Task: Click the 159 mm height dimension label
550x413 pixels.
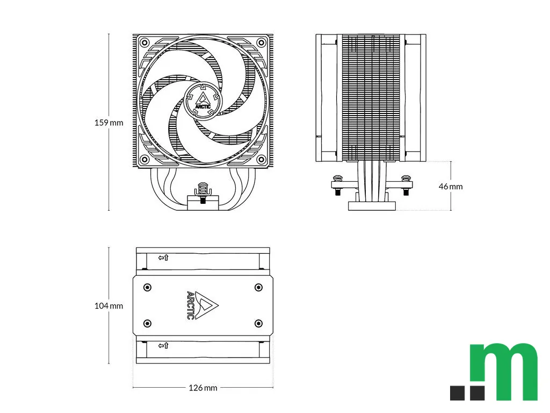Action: click(x=109, y=123)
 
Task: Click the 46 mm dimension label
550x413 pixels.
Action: click(x=450, y=187)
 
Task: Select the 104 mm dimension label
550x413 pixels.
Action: click(x=109, y=306)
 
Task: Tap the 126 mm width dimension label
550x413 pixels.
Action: click(x=203, y=388)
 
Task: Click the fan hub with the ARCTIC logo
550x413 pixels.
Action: click(x=204, y=101)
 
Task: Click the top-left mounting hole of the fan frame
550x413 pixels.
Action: click(x=144, y=42)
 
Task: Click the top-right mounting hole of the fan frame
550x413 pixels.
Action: click(x=262, y=42)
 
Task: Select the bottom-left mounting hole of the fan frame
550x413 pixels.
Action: click(x=144, y=160)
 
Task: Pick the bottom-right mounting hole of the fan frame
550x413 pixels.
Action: click(x=262, y=160)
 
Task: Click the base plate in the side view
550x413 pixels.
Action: click(x=372, y=205)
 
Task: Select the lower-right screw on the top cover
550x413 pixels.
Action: click(x=258, y=323)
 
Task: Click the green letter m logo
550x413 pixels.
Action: click(x=503, y=371)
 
